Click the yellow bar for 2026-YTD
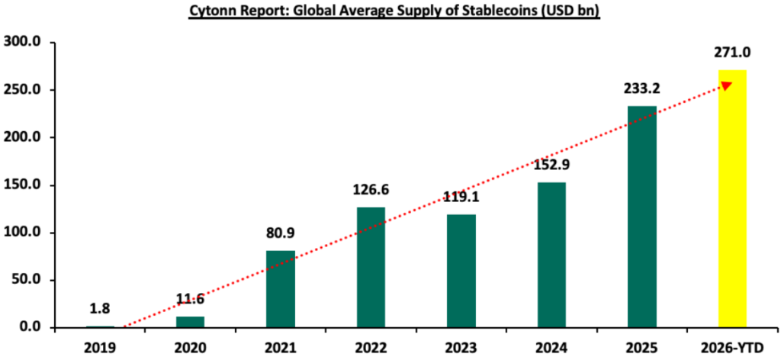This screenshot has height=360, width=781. (732, 198)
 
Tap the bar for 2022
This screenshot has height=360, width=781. (371, 267)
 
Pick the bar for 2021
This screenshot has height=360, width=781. (280, 289)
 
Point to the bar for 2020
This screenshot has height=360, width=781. (190, 322)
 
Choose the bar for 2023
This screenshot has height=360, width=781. (461, 271)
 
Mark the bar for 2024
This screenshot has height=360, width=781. (551, 255)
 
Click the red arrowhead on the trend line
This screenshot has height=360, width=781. (726, 86)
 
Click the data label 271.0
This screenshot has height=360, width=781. (732, 53)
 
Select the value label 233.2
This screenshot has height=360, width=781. (642, 89)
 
